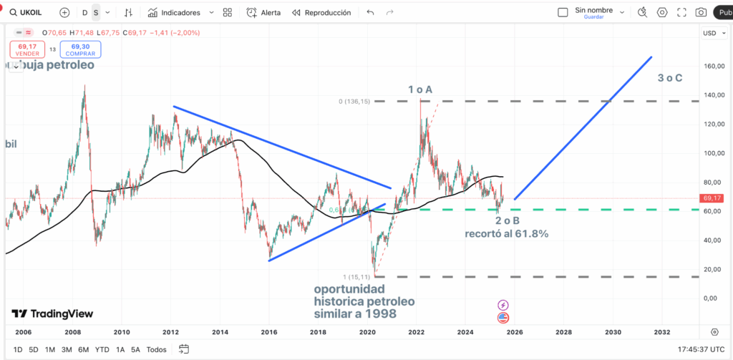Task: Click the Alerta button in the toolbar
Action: coord(263,12)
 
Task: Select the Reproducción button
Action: coord(321,12)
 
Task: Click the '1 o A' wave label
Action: coord(420,89)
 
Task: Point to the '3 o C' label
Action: coord(671,77)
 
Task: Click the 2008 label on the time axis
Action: coord(72,332)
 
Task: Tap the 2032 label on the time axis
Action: coord(661,332)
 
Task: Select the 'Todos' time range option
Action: coord(156,349)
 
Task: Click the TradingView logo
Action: coord(52,313)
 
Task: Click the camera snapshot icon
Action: coord(701,12)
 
